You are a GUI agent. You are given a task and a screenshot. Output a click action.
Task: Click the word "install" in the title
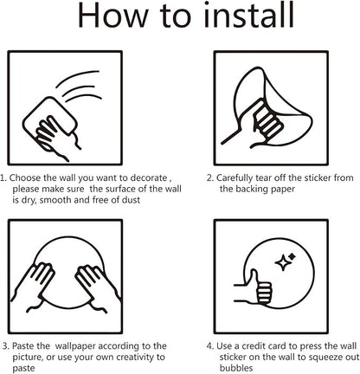[248, 16]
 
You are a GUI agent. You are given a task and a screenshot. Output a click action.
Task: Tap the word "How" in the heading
[112, 16]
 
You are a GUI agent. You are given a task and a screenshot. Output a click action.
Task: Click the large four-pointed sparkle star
[282, 262]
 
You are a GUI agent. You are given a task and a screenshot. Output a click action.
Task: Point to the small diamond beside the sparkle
[292, 256]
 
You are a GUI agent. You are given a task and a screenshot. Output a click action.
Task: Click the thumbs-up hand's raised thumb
[254, 278]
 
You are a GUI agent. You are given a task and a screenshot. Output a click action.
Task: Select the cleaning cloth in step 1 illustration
[49, 119]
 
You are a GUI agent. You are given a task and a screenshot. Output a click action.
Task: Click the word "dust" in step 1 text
[131, 200]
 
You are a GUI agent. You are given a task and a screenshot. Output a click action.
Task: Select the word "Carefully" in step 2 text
[235, 178]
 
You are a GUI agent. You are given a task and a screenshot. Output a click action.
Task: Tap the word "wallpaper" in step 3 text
[76, 346]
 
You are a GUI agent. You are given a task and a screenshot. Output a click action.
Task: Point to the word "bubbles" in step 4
[236, 368]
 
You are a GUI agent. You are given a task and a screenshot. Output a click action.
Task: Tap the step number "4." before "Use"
[210, 345]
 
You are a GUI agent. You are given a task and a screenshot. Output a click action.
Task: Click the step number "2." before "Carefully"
[210, 177]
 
